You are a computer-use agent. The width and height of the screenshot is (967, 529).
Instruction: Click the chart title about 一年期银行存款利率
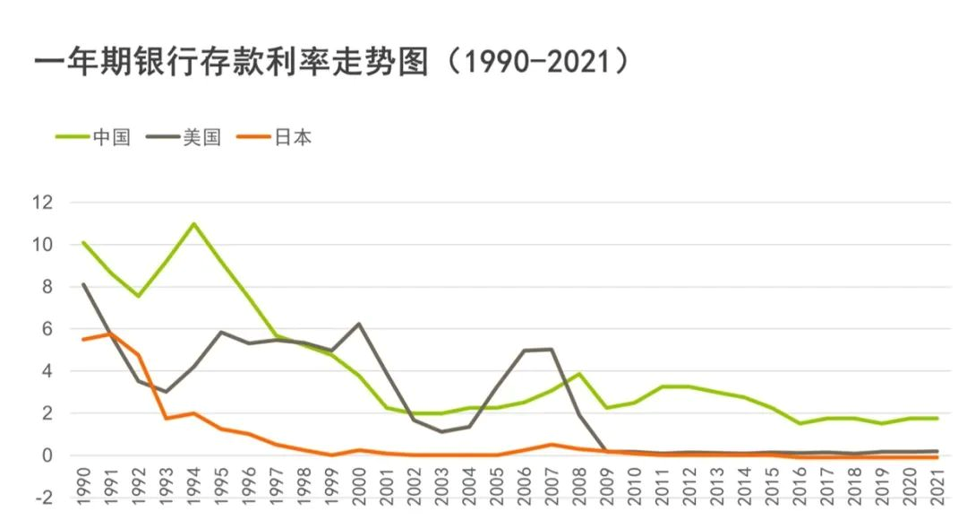coord(331,63)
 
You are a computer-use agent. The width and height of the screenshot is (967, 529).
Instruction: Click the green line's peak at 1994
coord(194,223)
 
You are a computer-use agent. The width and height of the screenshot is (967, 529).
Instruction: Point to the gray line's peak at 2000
coord(359,324)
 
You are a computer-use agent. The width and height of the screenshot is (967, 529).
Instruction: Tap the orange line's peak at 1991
coord(111,334)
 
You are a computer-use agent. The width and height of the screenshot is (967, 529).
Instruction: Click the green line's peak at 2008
coord(579,374)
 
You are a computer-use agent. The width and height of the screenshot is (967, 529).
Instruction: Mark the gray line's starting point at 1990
coord(83,284)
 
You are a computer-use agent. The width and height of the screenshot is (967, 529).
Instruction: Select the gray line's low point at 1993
coord(167,392)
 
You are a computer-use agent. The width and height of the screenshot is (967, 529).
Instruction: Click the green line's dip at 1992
coord(139,296)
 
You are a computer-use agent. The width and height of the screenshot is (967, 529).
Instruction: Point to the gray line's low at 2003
coord(441,432)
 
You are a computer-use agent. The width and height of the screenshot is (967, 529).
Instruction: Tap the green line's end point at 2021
coord(937,418)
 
